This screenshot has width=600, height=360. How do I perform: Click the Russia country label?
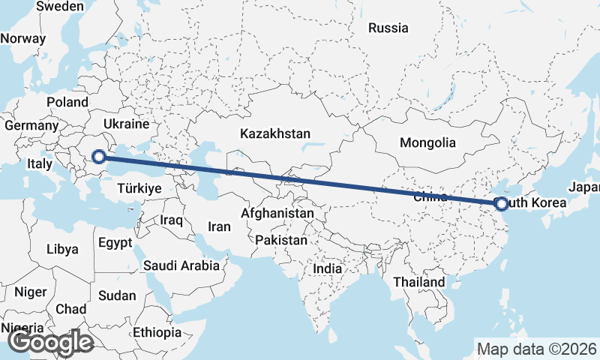(x=388, y=28)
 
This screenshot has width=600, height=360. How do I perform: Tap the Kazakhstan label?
(x=275, y=133)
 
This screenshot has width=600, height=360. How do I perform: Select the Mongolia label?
(x=427, y=142)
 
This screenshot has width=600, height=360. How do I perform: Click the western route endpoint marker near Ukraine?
(x=98, y=157)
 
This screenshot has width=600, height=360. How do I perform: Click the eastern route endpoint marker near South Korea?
(x=502, y=203)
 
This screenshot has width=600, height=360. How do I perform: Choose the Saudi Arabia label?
(x=181, y=265)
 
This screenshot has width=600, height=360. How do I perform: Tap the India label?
(x=327, y=268)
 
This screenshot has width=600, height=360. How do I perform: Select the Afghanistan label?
(x=277, y=214)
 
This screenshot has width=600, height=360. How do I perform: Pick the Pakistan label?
(x=281, y=241)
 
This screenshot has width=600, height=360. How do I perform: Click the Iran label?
(x=219, y=226)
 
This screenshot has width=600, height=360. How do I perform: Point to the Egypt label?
(x=115, y=243)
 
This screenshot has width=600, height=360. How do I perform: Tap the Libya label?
(x=61, y=248)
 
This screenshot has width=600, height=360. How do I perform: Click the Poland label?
(x=67, y=102)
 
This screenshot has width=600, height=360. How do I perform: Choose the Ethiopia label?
(x=157, y=332)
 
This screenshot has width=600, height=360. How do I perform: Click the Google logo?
(x=50, y=342)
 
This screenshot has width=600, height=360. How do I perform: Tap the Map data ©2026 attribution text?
(x=536, y=349)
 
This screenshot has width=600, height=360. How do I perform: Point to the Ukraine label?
(x=126, y=124)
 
